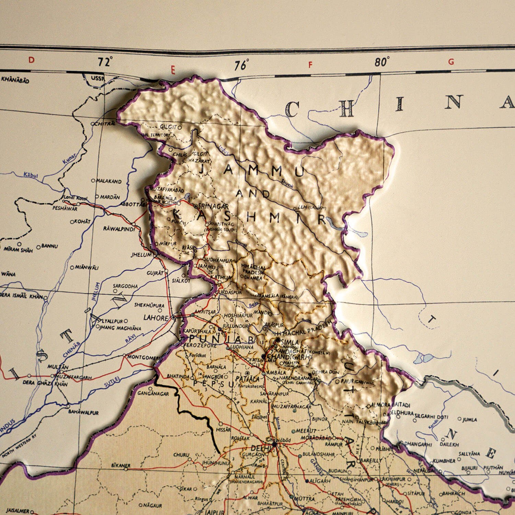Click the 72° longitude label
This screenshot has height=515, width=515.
(105, 62)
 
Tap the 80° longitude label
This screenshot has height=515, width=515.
(382, 62)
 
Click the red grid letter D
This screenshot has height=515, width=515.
(31, 60)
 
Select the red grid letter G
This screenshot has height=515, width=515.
(451, 62)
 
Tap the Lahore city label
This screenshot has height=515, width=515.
(156, 318)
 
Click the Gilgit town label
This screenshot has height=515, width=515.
(168, 127)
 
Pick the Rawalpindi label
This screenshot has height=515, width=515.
(119, 229)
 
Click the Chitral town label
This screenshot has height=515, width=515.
(105, 123)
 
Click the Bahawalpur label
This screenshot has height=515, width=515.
(83, 412)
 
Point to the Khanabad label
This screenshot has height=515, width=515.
(15, 80)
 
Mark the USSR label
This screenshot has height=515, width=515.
(98, 79)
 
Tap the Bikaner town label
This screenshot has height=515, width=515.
(121, 466)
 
